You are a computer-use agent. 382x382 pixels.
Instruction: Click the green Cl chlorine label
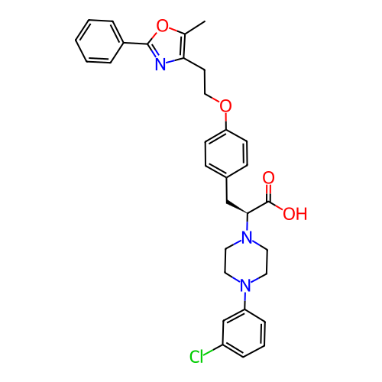click(196, 356)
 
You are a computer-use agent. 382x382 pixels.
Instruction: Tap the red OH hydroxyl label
click(295, 214)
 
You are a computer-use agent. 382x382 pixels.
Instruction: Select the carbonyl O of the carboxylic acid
click(268, 177)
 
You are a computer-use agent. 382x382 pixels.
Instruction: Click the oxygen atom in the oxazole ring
click(163, 25)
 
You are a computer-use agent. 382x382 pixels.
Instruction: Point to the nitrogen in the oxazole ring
click(160, 64)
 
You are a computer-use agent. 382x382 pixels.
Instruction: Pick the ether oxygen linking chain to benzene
click(225, 105)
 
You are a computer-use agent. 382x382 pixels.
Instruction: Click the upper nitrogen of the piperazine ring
click(247, 237)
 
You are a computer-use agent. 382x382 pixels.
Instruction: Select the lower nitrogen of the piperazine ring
click(245, 285)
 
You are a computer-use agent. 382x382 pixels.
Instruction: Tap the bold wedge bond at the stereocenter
click(237, 207)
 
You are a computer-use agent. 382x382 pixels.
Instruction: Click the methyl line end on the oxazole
click(205, 21)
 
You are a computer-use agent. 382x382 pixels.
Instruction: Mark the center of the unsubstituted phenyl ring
click(99, 41)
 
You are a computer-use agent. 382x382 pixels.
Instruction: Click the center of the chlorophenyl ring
click(244, 333)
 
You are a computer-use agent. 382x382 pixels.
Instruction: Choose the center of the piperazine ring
click(246, 261)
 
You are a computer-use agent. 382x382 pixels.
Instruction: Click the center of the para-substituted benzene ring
click(226, 154)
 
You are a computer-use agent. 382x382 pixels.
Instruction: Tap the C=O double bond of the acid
click(268, 193)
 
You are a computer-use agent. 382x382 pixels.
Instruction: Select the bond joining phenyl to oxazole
click(136, 44)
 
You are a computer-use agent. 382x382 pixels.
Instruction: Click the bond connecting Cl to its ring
click(213, 349)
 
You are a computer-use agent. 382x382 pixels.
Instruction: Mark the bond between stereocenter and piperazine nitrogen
click(247, 222)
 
